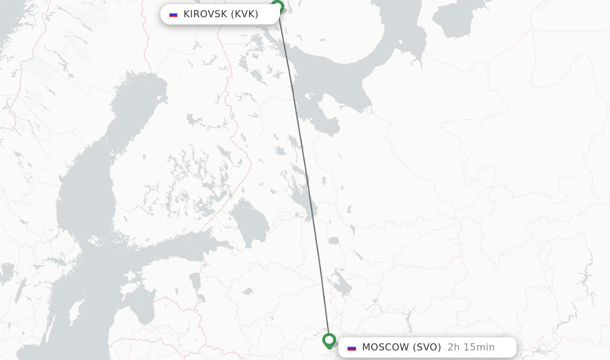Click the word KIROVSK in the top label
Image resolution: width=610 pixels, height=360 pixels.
(206, 14)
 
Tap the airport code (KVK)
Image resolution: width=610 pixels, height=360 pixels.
(244, 14)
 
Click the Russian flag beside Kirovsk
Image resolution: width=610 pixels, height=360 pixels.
(173, 14)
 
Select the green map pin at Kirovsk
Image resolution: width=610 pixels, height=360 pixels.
(277, 7)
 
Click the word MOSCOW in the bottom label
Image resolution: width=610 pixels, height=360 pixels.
(385, 347)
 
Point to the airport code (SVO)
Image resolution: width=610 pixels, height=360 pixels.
(427, 347)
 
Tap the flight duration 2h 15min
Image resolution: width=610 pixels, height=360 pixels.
(471, 347)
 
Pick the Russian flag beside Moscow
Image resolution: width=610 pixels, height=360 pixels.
(352, 347)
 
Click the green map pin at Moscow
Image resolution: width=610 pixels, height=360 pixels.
(329, 340)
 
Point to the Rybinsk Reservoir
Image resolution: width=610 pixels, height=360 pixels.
(341, 284)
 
